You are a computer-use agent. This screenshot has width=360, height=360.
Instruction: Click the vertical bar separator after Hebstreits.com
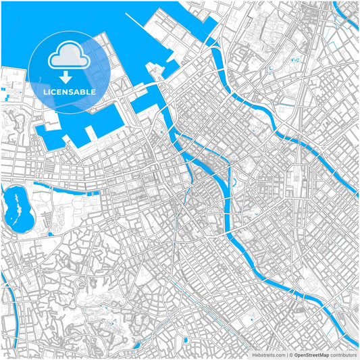pos(286,354)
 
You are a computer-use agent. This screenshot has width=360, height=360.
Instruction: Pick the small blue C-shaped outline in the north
pos(272,68)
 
